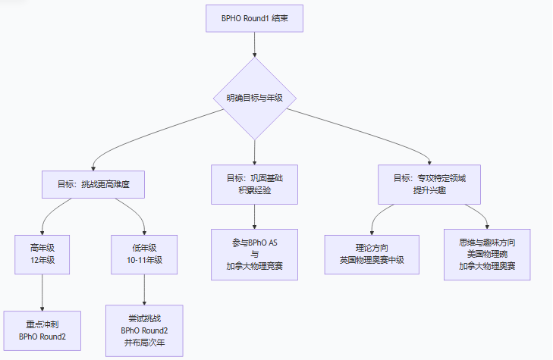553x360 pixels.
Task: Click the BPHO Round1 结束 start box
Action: pyautogui.click(x=254, y=18)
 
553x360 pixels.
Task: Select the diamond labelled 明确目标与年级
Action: pyautogui.click(x=254, y=98)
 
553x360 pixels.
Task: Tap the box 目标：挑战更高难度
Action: pyautogui.click(x=93, y=184)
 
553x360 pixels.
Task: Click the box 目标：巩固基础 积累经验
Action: pyautogui.click(x=254, y=184)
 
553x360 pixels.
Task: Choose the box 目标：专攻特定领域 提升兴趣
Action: pyautogui.click(x=429, y=184)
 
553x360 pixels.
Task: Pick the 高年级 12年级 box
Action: pyautogui.click(x=42, y=254)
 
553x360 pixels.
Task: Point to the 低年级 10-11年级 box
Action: pyautogui.click(x=144, y=254)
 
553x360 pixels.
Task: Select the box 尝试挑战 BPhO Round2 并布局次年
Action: pyautogui.click(x=144, y=330)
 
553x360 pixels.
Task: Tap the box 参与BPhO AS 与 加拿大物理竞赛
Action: pyautogui.click(x=254, y=254)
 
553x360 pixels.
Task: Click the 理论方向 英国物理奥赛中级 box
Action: pyautogui.click(x=372, y=254)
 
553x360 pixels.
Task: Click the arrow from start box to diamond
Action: pyautogui.click(x=254, y=44)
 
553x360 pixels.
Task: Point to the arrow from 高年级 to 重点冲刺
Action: pyautogui.click(x=42, y=292)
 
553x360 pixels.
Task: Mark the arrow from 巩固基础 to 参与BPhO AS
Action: pyautogui.click(x=254, y=216)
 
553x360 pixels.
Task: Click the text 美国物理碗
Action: pyautogui.click(x=487, y=254)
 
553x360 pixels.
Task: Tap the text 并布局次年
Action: pyautogui.click(x=144, y=343)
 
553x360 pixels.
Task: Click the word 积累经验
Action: pyautogui.click(x=254, y=190)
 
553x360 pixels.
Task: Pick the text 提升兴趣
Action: pyautogui.click(x=429, y=190)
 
